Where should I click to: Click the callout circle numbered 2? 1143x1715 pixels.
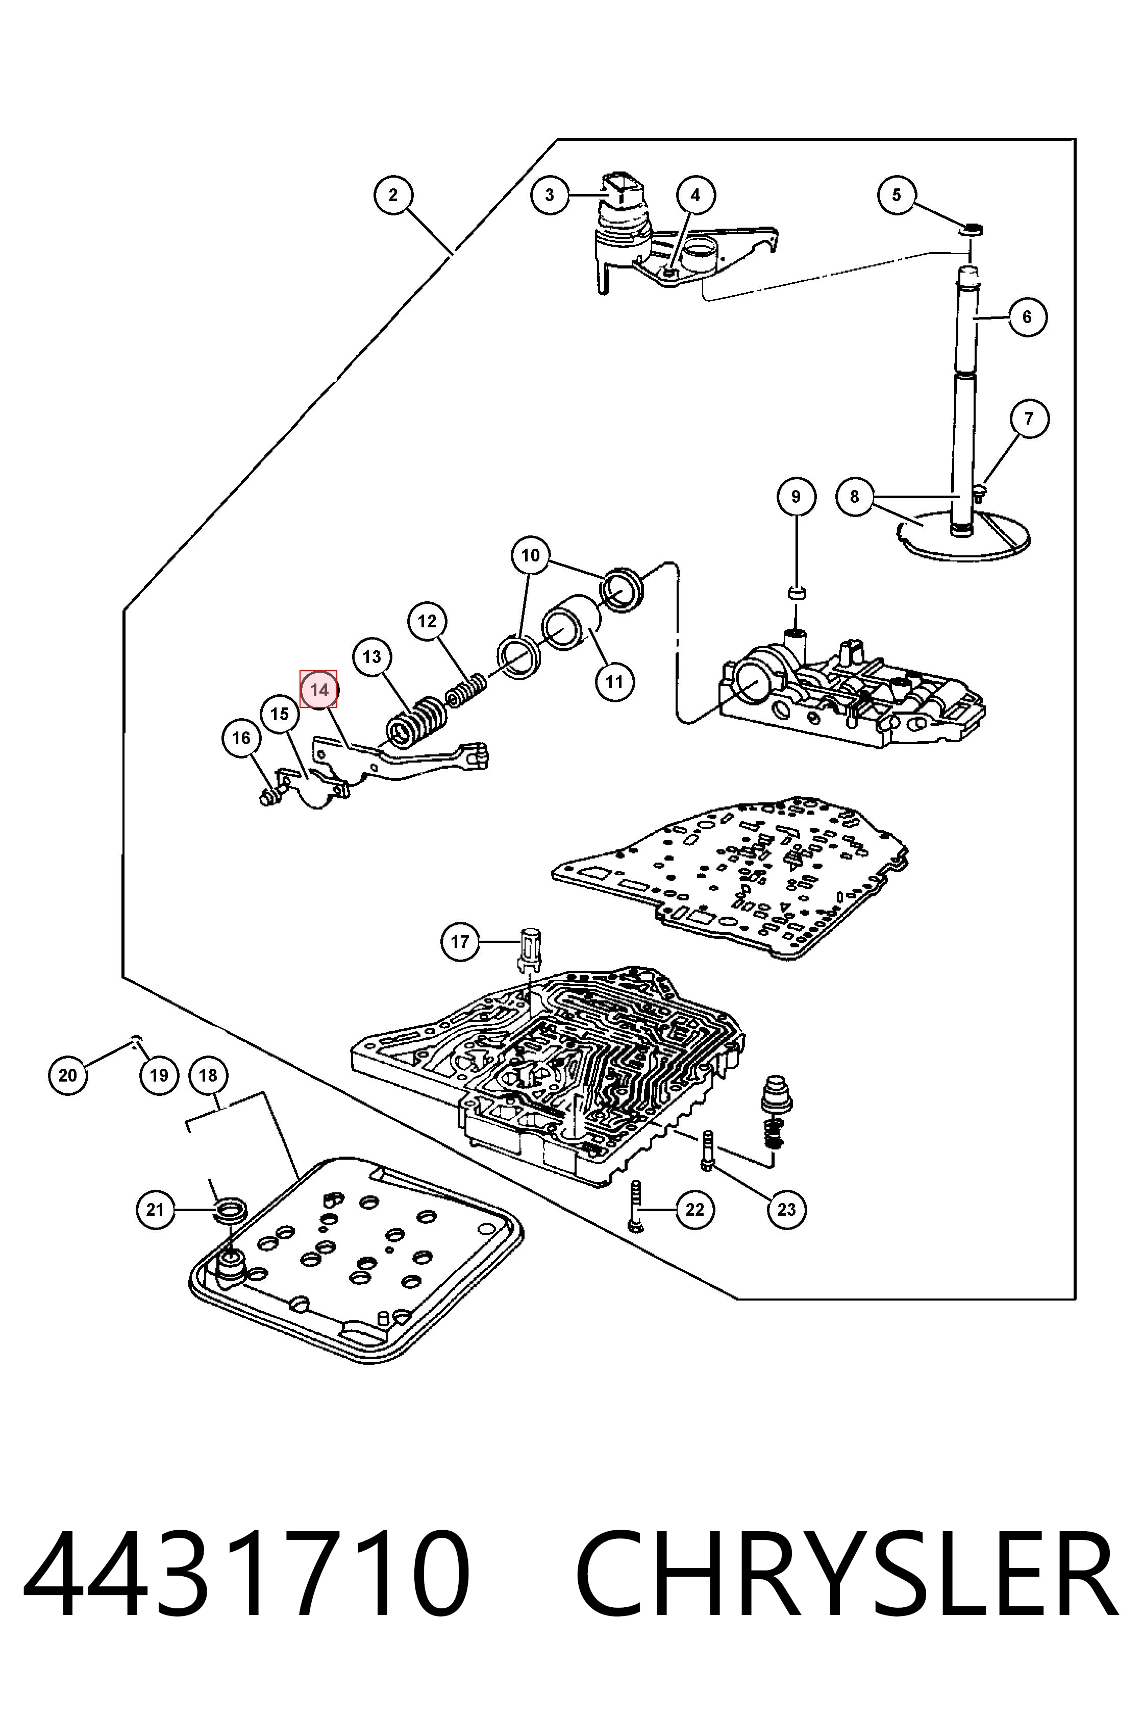393,194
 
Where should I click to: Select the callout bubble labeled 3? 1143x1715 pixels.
550,194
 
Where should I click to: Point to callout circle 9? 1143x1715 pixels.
796,497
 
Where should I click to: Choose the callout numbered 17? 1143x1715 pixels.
460,941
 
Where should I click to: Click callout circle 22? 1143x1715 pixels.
694,1210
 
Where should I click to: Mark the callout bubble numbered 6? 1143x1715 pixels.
1027,316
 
